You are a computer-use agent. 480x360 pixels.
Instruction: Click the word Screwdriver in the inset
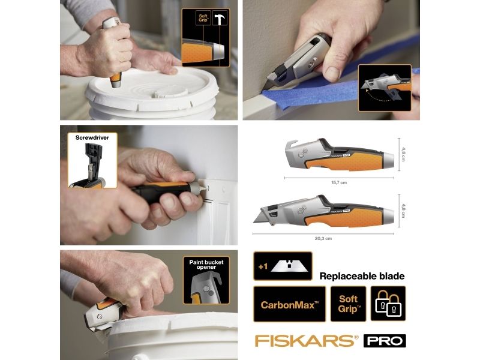coord(92,138)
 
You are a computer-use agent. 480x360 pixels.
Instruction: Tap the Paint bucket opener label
coord(206,265)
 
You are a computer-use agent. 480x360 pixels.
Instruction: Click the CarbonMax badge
coord(290,304)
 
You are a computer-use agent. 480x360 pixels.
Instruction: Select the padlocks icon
coord(388,304)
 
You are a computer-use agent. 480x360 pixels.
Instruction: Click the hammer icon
coord(219,19)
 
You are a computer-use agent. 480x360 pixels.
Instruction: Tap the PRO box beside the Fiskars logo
coord(385,341)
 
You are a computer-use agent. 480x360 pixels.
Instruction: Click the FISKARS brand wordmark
coord(307,341)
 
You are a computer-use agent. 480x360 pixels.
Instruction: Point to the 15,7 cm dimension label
coord(339,182)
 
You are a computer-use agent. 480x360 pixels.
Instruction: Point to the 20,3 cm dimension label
coord(323,238)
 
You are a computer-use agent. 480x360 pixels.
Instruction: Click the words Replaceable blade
coord(362,276)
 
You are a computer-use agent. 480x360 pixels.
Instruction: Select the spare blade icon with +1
coord(283,266)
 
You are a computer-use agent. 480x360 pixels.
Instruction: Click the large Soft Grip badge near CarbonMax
coord(349,304)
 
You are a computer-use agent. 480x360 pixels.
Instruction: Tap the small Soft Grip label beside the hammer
coord(203,18)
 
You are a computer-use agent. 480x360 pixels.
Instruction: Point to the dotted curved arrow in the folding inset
coord(377,96)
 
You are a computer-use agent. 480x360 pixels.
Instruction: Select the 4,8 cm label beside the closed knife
coord(403,155)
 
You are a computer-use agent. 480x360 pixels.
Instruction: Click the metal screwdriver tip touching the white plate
coord(202,187)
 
